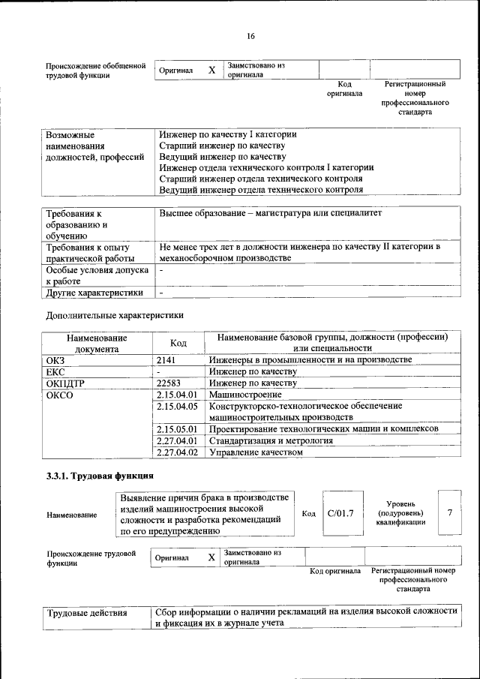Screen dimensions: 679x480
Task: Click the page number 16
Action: click(250, 36)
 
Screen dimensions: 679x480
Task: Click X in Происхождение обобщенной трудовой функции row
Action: click(212, 70)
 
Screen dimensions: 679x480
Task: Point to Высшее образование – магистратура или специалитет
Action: click(271, 214)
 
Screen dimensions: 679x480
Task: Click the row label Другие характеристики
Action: click(94, 293)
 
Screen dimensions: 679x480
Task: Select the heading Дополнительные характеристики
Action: click(114, 316)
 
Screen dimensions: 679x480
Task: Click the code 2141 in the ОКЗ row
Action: click(166, 360)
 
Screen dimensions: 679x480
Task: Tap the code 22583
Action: click(169, 383)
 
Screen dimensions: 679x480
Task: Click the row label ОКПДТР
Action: click(67, 383)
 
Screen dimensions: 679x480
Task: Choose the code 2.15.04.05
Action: click(177, 406)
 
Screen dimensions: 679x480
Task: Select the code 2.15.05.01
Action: click(177, 429)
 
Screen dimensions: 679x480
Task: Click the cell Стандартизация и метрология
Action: click(271, 440)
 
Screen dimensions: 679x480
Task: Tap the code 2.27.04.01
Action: click(177, 440)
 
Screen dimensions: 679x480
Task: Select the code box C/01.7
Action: click(340, 513)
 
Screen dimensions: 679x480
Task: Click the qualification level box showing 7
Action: click(449, 512)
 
